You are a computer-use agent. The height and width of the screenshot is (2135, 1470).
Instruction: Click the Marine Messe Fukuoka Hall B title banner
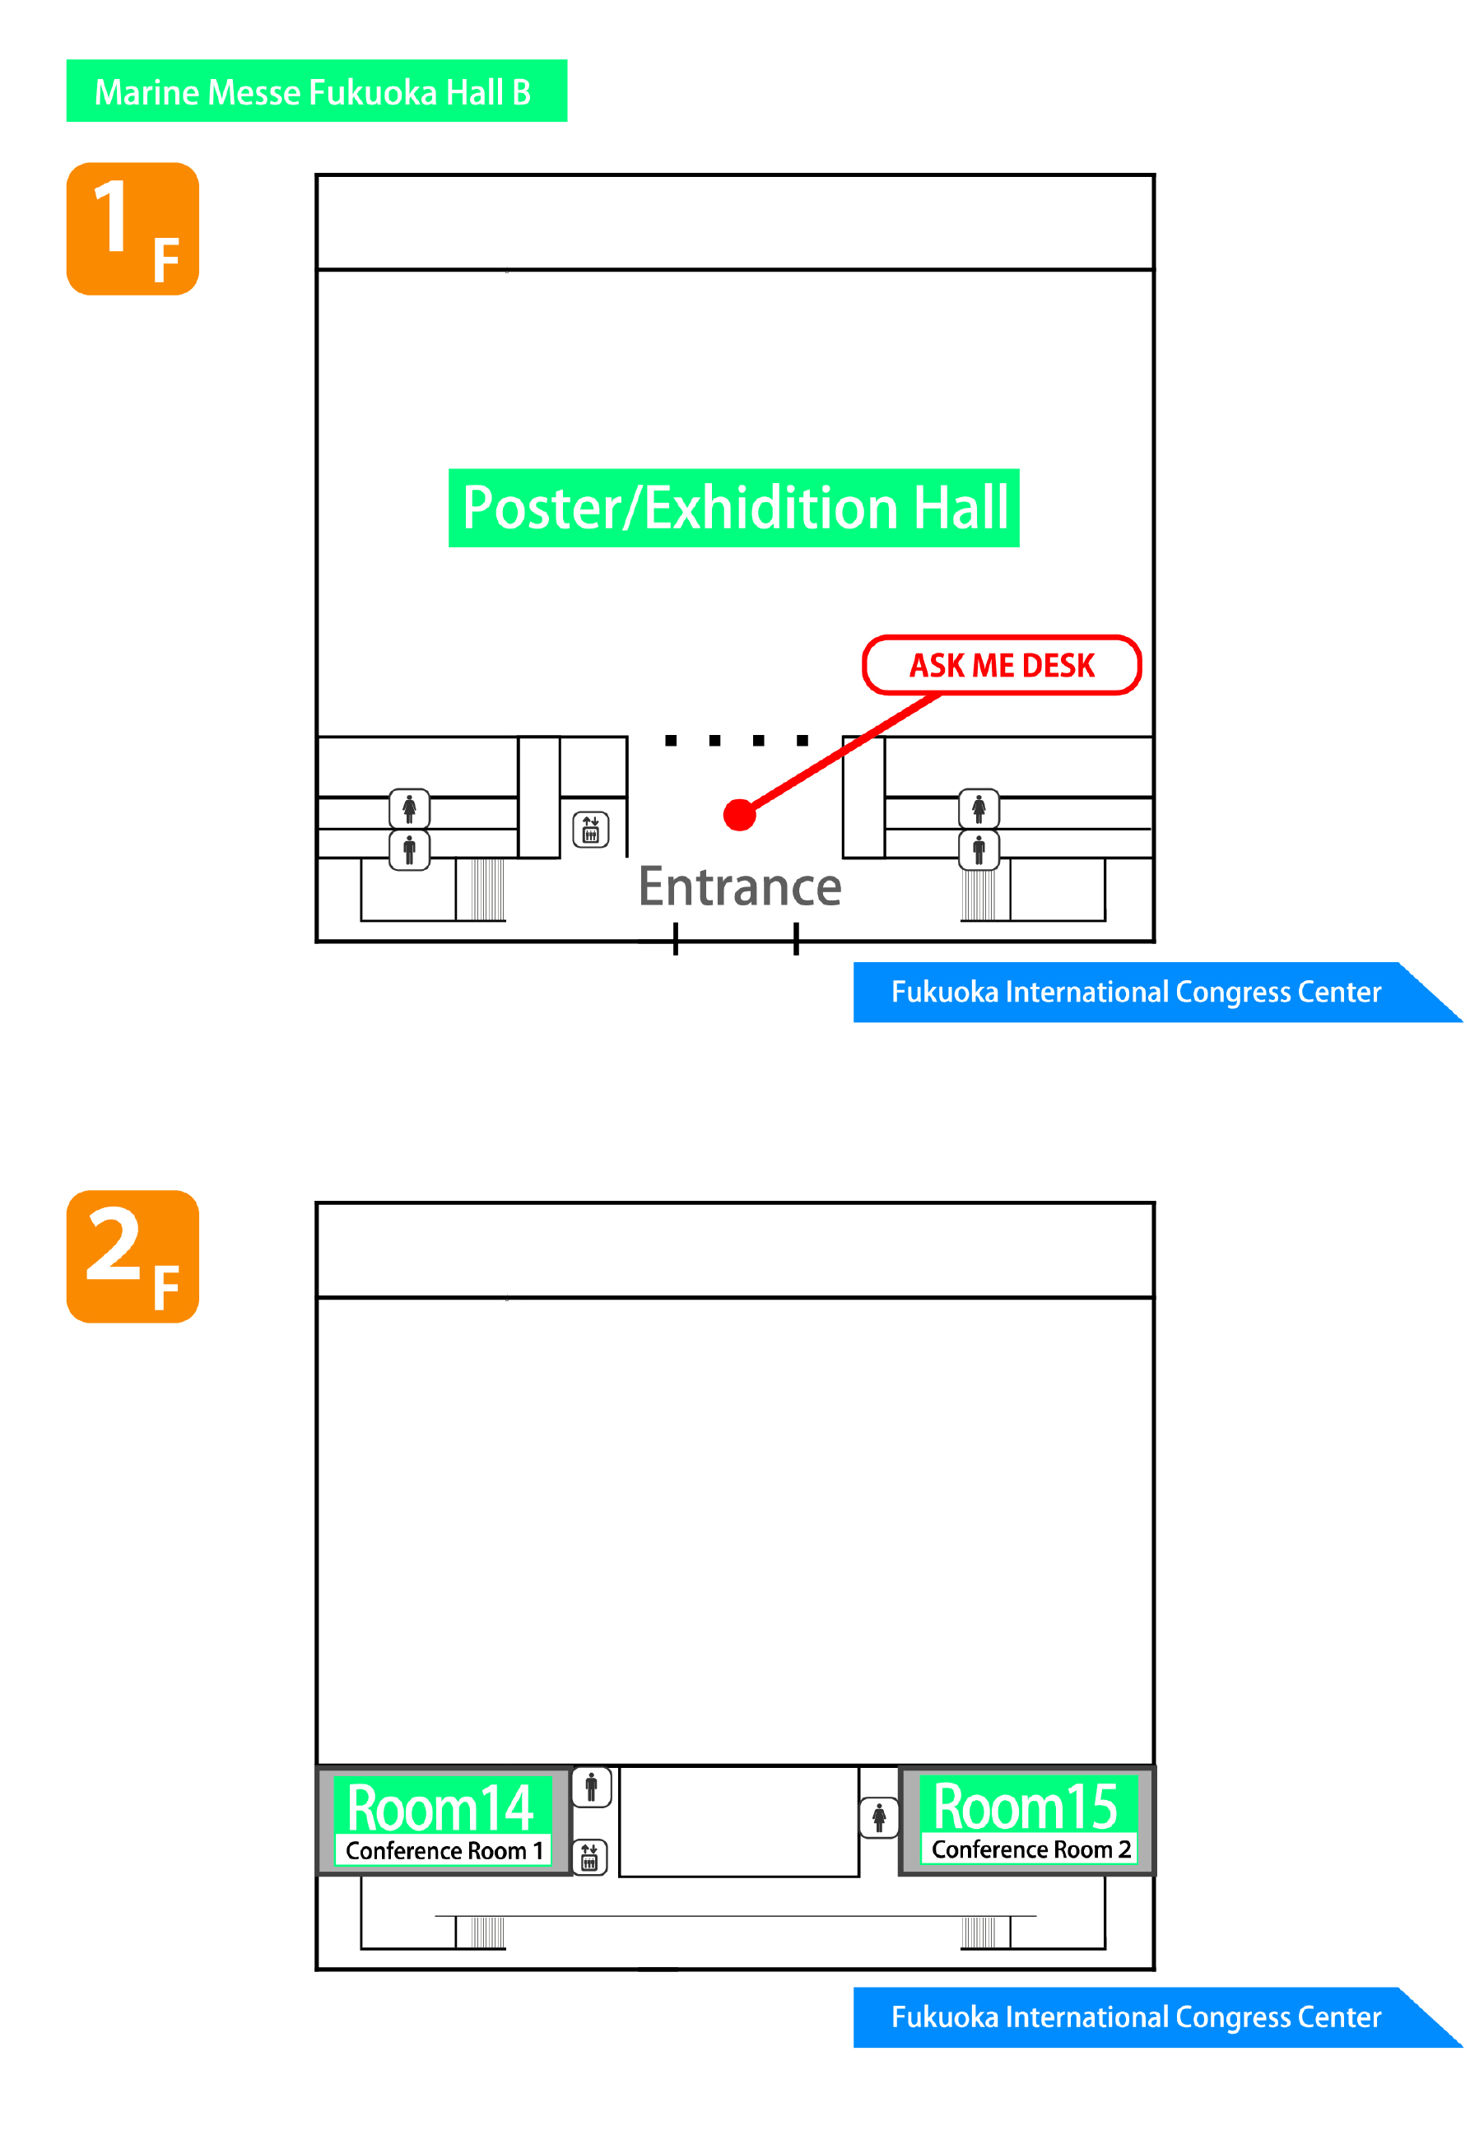click(316, 91)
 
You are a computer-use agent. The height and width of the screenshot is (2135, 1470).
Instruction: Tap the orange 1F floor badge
click(133, 230)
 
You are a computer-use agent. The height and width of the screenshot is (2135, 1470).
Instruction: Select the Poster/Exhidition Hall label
click(733, 509)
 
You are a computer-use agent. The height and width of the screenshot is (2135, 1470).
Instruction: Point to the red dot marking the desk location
click(740, 815)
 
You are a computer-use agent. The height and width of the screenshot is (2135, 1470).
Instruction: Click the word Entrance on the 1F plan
click(740, 887)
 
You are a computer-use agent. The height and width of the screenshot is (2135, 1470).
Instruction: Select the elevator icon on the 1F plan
click(590, 830)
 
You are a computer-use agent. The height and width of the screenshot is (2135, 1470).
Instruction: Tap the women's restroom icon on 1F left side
click(409, 809)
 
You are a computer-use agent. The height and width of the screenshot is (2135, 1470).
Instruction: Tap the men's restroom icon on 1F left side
click(409, 849)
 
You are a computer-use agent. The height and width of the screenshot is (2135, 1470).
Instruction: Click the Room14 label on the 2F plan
click(440, 1807)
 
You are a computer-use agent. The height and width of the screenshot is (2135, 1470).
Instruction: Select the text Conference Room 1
click(443, 1850)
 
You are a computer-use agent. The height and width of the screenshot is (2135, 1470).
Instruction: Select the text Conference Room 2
click(1030, 1849)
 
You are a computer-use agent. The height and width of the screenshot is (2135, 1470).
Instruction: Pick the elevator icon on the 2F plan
click(589, 1858)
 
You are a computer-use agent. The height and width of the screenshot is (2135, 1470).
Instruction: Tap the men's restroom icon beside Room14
click(591, 1787)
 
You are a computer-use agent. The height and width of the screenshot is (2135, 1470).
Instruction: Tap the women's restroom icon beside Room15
click(879, 1818)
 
